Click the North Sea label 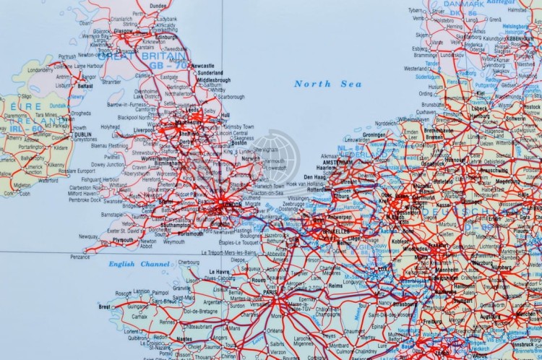coord(322,84)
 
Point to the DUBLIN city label coord(83,134)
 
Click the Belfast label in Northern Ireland coord(85,85)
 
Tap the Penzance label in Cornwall coord(80,256)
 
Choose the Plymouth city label coord(123,239)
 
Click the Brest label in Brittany coord(106,307)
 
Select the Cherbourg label coord(189,262)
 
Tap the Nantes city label coord(184,338)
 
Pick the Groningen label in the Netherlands coord(374,134)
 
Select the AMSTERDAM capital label coord(337,163)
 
